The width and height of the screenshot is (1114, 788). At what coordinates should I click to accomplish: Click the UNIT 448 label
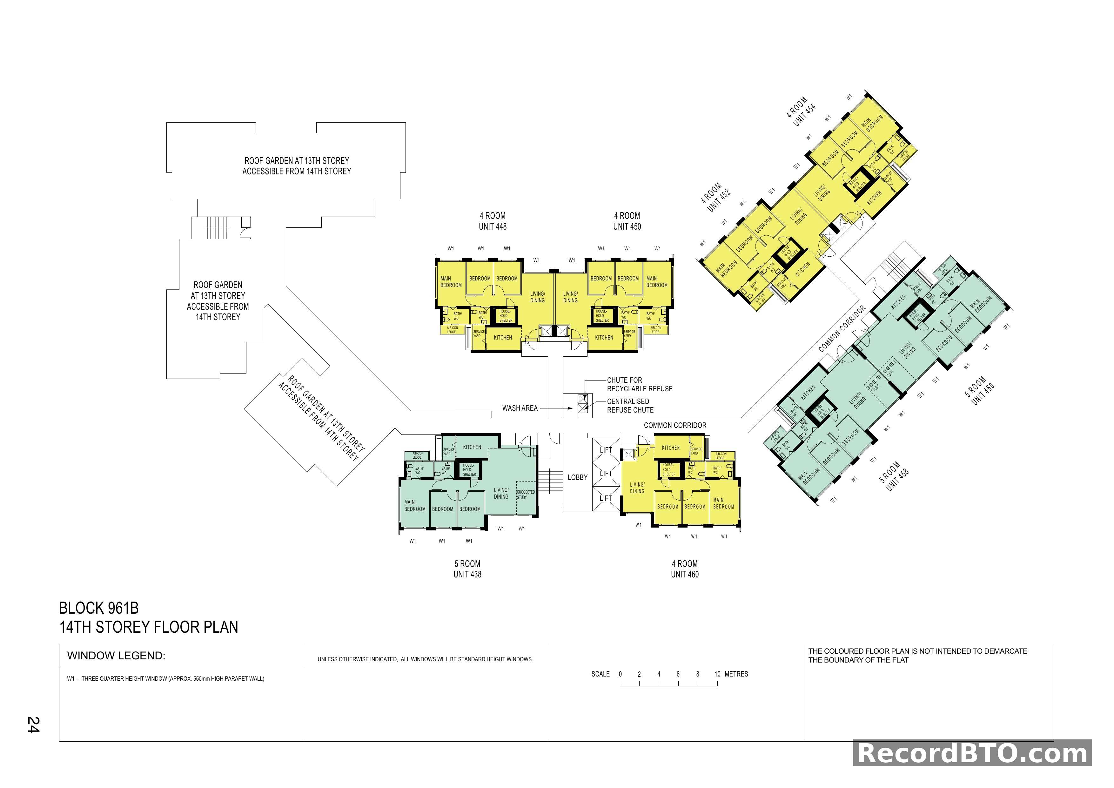pyautogui.click(x=493, y=226)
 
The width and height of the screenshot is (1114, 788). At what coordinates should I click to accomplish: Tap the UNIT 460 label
pyautogui.click(x=685, y=575)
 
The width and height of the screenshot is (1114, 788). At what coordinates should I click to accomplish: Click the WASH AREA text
pyautogui.click(x=520, y=408)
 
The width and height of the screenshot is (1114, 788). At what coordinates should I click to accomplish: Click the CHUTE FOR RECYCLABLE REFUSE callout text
pyautogui.click(x=640, y=384)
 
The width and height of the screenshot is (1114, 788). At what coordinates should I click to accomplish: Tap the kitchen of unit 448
pyautogui.click(x=503, y=338)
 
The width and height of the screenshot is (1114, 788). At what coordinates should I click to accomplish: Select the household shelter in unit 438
pyautogui.click(x=469, y=470)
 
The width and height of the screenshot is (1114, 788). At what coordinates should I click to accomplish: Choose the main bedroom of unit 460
pyautogui.click(x=723, y=503)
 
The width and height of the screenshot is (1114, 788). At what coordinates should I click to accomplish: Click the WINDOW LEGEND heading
pyautogui.click(x=117, y=656)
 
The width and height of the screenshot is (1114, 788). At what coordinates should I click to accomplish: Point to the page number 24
pyautogui.click(x=33, y=725)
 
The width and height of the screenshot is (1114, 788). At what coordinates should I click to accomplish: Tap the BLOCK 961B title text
pyautogui.click(x=99, y=608)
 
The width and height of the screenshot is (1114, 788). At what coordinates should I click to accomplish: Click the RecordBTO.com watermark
pyautogui.click(x=972, y=754)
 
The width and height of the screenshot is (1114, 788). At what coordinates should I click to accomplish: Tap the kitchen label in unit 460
pyautogui.click(x=671, y=448)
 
